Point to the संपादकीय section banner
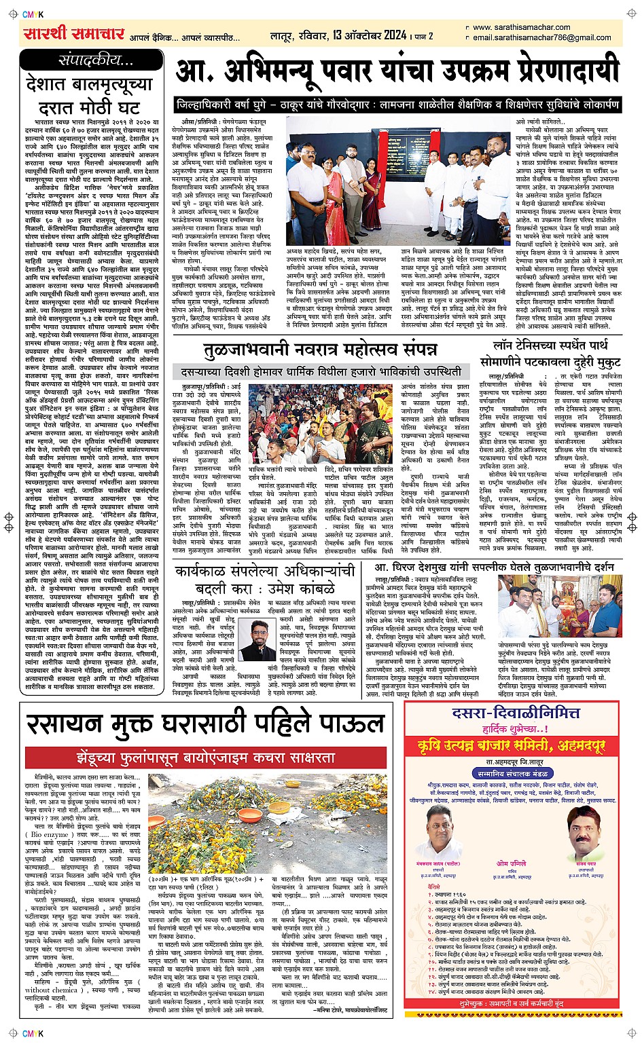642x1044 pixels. pos(94,60)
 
